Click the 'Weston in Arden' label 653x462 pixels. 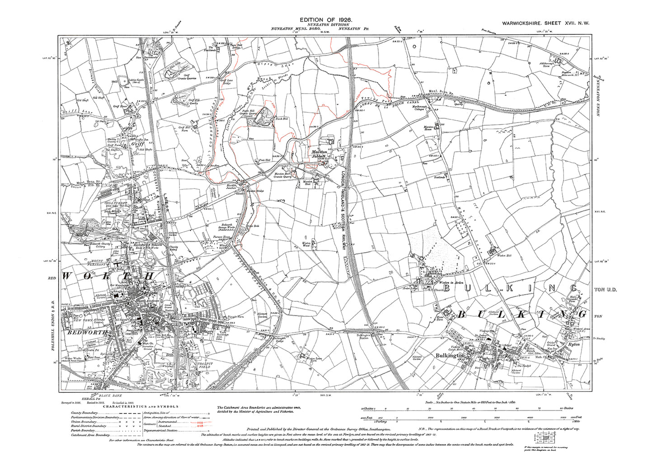coord(439,282)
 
